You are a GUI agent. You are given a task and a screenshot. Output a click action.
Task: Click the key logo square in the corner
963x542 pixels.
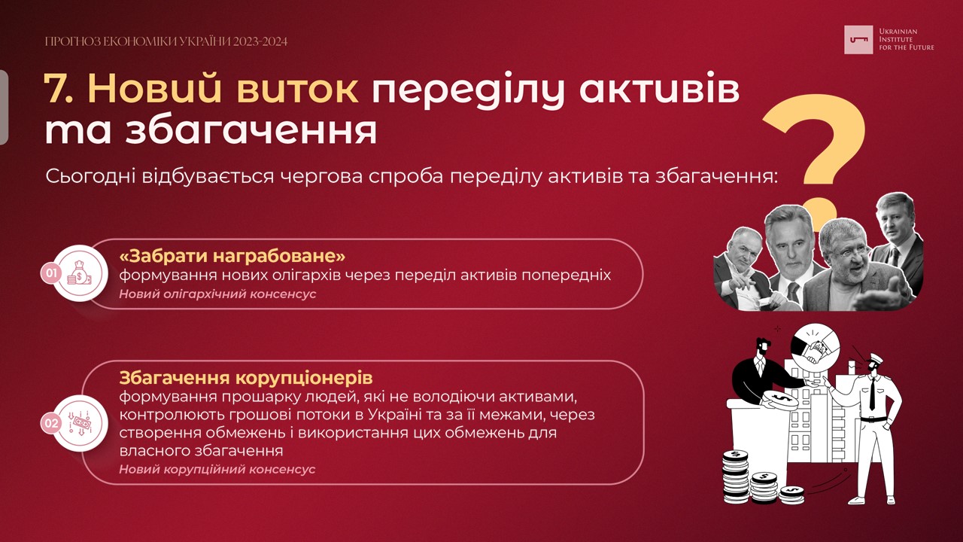pos(858,40)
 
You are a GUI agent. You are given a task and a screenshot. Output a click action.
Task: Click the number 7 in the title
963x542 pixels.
pos(56,90)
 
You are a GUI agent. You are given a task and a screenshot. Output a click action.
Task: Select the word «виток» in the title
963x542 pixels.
pos(297,90)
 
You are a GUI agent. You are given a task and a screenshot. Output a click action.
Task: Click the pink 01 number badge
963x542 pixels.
pos(51,273)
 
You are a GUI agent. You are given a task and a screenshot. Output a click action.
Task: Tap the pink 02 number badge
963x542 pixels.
pos(51,423)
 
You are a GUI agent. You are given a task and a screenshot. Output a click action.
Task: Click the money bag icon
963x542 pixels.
pos(80,273)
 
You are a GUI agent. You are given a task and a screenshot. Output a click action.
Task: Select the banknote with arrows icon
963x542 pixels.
pos(80,423)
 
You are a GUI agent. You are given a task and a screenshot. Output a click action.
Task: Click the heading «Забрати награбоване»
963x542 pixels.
pos(232,257)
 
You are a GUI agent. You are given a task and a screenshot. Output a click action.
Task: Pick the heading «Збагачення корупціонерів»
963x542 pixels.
pos(246,378)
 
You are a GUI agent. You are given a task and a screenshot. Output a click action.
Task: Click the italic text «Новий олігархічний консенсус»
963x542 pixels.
pos(217,294)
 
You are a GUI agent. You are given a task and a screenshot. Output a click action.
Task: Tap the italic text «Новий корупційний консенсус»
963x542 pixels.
pos(217,469)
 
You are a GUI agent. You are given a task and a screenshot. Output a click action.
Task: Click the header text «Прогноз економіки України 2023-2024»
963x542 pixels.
pos(166,41)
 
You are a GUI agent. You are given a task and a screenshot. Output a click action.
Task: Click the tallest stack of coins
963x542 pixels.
pos(736,477)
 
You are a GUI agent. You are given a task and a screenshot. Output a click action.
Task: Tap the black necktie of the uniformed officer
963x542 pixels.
pos(872,394)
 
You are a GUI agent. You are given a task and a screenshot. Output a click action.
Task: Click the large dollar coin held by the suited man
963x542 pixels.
pos(779,400)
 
